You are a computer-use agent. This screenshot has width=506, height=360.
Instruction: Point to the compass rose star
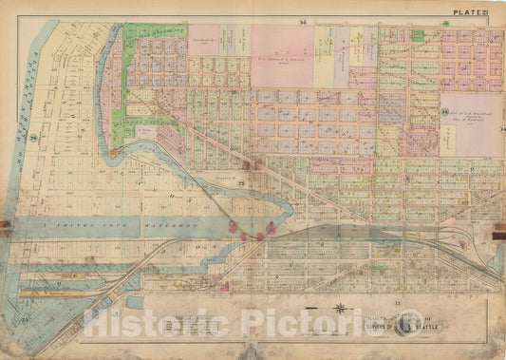pos(339,307)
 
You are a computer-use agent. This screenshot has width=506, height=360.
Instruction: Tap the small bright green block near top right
pos(418,35)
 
